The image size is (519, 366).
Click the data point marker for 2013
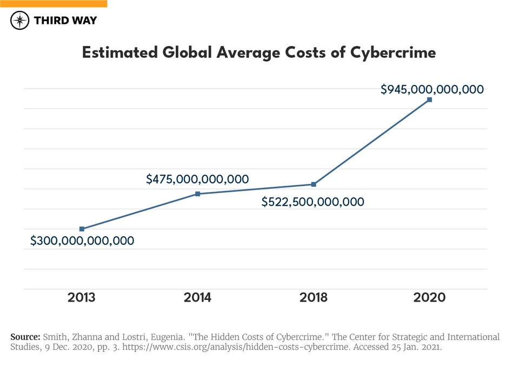82,229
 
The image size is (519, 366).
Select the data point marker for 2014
198,194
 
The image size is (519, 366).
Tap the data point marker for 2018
314,185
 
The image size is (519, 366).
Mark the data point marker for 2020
429,100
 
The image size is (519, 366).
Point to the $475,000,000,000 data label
197,179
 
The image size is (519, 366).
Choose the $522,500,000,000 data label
313,202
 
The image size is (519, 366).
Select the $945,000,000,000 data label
432,90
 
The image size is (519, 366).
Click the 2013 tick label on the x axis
82,297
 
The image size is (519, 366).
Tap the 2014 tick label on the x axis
198,297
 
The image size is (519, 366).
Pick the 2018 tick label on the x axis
314,297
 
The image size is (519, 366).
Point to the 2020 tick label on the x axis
429,297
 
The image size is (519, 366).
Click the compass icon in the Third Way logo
20,21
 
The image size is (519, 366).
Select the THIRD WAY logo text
65,21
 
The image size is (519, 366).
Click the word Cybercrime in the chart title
393,53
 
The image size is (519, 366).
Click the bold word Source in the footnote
25,337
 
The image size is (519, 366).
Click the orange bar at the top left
54,3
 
